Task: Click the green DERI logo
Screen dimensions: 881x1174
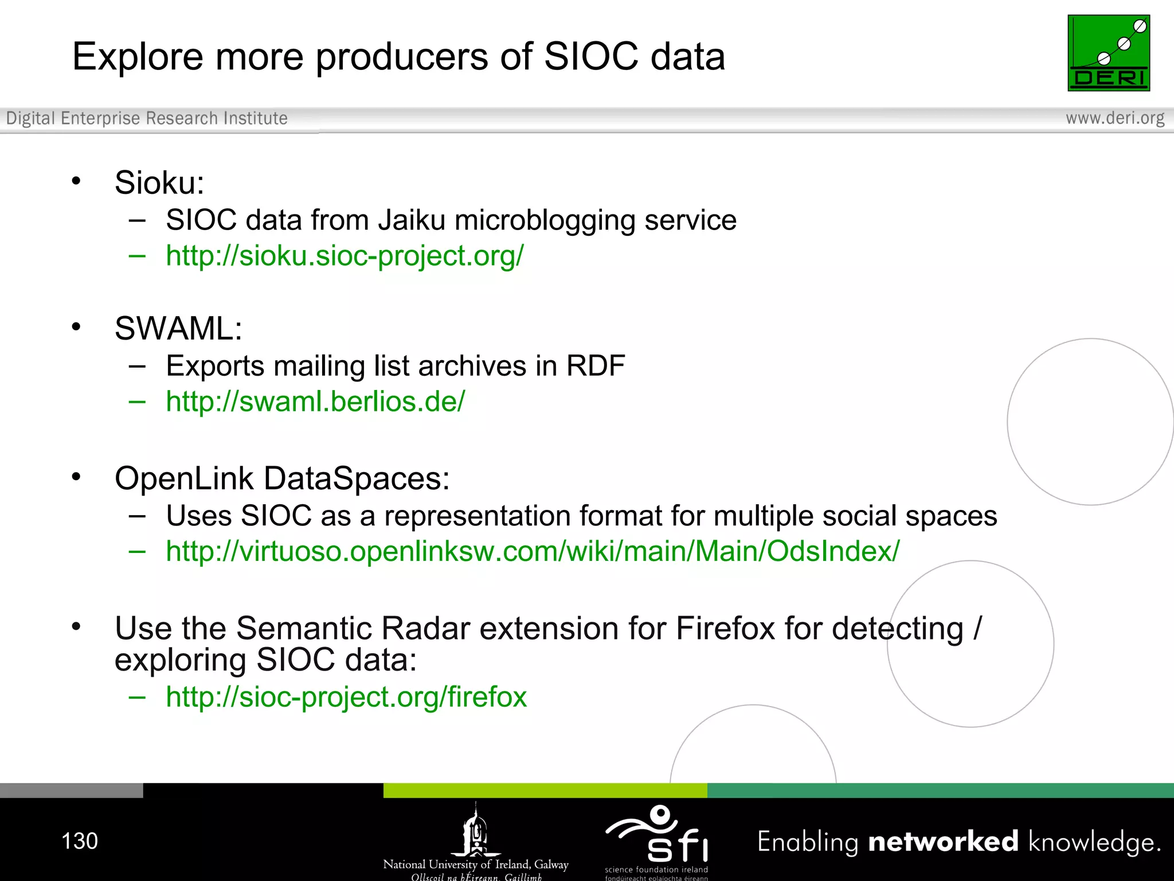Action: coord(1108,53)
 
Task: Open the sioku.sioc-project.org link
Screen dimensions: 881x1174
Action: coord(345,256)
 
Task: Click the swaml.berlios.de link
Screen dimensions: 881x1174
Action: coord(315,401)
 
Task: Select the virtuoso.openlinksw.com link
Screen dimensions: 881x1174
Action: coord(533,551)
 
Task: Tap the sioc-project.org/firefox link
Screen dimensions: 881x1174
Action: coord(346,697)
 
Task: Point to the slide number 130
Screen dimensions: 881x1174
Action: coord(80,841)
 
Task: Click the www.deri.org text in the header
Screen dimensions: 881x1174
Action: coord(1114,118)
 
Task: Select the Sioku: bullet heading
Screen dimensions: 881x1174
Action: coord(159,183)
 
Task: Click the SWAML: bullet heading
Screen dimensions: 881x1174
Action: coord(178,329)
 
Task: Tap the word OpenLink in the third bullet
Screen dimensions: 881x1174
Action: coord(184,478)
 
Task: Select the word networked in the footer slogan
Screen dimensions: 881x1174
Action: coord(943,842)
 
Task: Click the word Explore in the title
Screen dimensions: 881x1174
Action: coord(138,57)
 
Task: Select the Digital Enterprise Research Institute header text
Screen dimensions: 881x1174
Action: coord(147,118)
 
